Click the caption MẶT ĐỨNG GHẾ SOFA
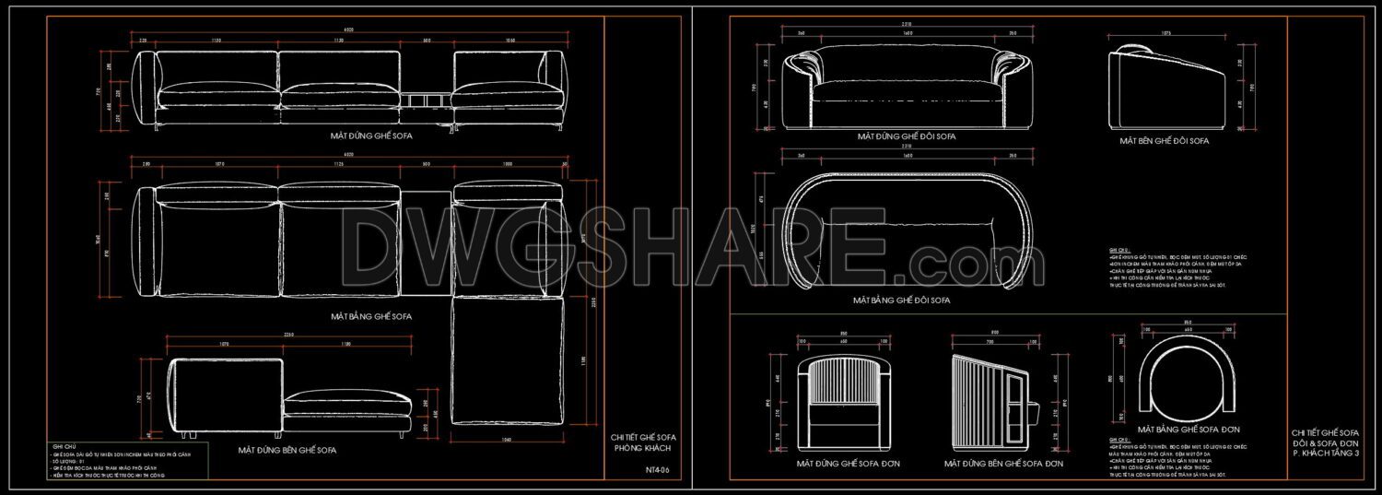tap(371, 136)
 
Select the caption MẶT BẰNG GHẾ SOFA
tap(371, 316)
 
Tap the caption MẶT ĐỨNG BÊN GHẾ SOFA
tap(287, 451)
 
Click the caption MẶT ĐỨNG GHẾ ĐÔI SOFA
tap(906, 136)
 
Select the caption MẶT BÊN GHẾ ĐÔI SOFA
tap(1164, 141)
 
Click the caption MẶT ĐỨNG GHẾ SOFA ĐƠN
tap(848, 464)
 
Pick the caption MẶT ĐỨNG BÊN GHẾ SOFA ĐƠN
tap(1008, 464)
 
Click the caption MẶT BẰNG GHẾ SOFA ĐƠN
tap(1188, 430)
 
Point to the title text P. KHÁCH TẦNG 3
tap(1325, 453)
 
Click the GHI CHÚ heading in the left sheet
tap(64, 446)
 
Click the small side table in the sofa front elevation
tap(425, 98)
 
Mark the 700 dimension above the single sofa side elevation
tap(994, 332)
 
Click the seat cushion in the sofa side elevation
tap(346, 400)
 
